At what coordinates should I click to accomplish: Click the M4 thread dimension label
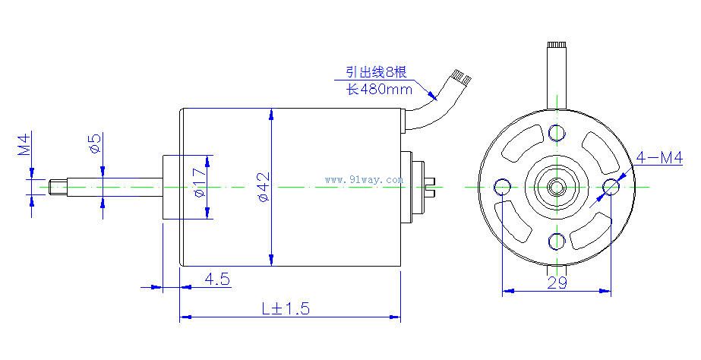(24, 144)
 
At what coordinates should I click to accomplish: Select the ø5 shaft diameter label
(95, 143)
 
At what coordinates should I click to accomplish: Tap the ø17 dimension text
(200, 182)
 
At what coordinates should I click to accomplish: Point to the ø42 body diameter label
(264, 187)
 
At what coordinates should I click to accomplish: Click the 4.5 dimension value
(216, 279)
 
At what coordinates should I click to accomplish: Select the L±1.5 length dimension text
(286, 308)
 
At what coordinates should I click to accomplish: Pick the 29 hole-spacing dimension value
(557, 283)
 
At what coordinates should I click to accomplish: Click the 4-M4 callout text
(659, 157)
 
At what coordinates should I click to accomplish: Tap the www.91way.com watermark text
(364, 180)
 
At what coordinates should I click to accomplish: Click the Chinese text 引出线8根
(377, 71)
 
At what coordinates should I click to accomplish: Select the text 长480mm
(379, 89)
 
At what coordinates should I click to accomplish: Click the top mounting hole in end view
(557, 132)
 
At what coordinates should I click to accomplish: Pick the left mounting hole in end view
(502, 187)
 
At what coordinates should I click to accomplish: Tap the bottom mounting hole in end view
(557, 242)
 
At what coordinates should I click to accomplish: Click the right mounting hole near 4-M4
(611, 187)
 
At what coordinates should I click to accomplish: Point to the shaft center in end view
(557, 187)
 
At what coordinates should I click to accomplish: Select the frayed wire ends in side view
(461, 77)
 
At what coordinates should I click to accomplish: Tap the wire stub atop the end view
(557, 75)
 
